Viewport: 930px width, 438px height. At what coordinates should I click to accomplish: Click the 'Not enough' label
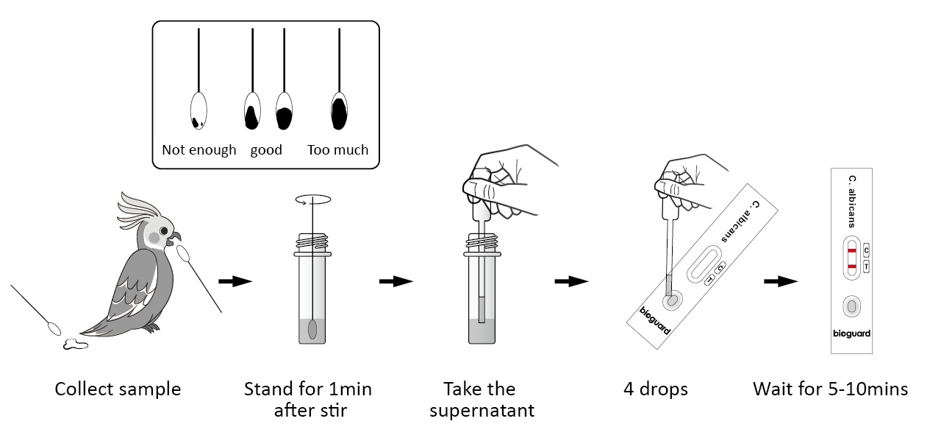click(198, 150)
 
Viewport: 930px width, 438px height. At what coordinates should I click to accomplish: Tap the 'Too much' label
click(337, 150)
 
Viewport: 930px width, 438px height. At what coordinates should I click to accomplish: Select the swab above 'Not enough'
click(198, 109)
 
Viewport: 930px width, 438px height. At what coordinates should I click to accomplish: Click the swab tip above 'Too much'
click(339, 109)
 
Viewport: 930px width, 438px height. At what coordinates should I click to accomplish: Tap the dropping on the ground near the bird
click(74, 343)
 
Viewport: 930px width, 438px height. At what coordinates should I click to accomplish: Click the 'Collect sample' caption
click(118, 389)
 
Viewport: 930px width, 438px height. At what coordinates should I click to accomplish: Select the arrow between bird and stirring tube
click(235, 281)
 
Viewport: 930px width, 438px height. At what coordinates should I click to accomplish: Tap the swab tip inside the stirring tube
click(313, 329)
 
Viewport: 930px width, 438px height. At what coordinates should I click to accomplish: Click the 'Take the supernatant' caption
click(482, 400)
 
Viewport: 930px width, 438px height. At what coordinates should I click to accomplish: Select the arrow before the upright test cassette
click(781, 281)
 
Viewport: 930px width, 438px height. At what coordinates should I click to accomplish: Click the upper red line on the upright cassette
click(851, 250)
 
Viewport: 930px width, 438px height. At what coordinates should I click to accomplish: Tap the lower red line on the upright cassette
click(851, 266)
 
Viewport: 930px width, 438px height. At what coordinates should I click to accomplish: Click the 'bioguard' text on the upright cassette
click(851, 333)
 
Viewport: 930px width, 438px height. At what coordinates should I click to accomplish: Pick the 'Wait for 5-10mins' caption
click(830, 389)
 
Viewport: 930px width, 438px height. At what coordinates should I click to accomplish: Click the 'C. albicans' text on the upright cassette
click(852, 200)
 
